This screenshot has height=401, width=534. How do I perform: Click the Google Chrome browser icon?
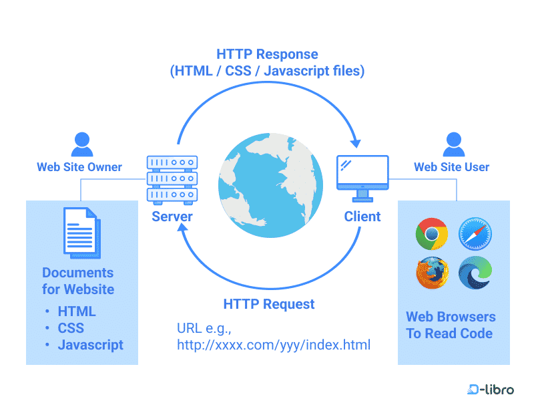[432, 235]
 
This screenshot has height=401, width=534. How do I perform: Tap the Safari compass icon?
[475, 235]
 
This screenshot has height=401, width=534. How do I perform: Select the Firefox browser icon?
[432, 273]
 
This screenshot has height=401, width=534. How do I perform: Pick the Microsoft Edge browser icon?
[475, 273]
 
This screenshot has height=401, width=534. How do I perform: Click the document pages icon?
[80, 231]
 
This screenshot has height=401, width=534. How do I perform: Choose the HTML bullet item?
[77, 311]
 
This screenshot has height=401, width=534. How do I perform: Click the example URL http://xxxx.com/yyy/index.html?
[273, 345]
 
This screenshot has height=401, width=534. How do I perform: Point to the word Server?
[172, 217]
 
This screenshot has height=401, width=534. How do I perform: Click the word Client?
[362, 217]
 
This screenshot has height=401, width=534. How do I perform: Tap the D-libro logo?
[491, 389]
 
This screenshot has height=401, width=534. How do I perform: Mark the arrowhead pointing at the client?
[356, 142]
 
